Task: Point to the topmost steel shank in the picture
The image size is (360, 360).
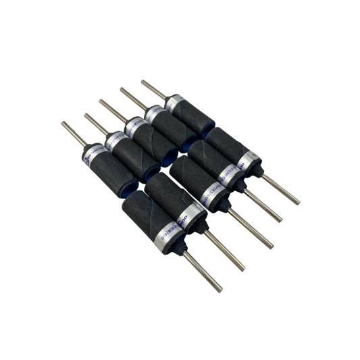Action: pos(153,89)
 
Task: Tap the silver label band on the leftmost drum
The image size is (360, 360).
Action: pos(93,153)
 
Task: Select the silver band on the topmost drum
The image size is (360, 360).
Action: pos(174,103)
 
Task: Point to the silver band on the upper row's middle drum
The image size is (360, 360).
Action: pos(134,126)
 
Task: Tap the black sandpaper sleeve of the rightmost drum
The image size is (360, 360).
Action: pos(226,145)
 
